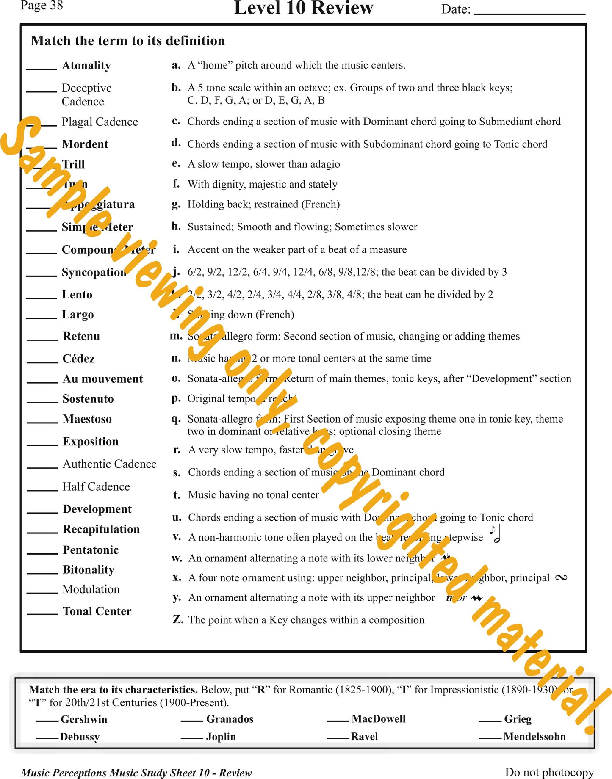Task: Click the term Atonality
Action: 86,66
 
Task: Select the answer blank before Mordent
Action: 41,146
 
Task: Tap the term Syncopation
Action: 94,272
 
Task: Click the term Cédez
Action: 78,359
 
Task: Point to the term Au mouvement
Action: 102,379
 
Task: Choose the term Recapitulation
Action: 101,529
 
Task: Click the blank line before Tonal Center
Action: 42,613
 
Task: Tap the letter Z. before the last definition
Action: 178,620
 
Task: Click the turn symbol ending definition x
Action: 561,577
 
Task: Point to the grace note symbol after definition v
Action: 495,534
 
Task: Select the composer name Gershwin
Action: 84,719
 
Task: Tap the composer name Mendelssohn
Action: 534,737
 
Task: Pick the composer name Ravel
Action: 364,737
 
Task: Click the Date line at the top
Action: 529,13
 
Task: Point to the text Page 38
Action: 42,6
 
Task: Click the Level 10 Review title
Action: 303,8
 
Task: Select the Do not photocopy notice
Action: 549,772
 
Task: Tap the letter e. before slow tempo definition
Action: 176,164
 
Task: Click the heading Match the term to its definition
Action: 128,41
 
